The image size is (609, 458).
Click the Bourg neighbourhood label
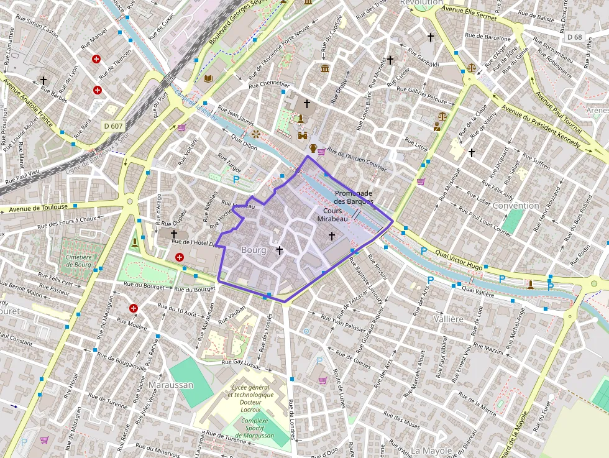coord(253,250)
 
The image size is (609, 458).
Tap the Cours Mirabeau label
coord(332,215)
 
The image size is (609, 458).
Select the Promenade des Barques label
coord(353,197)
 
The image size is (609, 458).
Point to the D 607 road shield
coord(113,126)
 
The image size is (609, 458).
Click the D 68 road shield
coord(575,37)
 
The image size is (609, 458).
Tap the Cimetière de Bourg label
coord(79,261)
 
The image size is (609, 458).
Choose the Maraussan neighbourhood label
coord(170,385)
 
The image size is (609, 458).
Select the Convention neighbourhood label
coord(516,206)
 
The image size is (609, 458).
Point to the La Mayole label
coord(432,450)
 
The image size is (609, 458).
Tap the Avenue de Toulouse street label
coord(38,208)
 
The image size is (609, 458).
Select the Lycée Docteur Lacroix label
coord(252,398)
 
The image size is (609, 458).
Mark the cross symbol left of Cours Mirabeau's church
coord(280,250)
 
